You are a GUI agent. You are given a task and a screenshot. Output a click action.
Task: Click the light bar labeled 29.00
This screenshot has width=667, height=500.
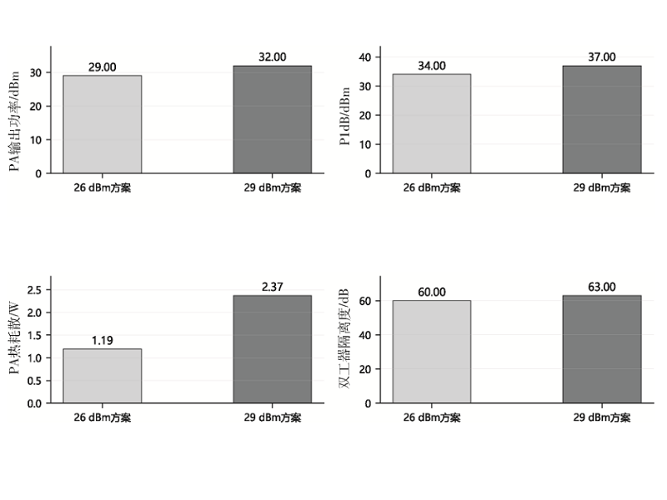103,124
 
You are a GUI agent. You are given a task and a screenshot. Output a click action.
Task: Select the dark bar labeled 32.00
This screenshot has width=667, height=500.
273,119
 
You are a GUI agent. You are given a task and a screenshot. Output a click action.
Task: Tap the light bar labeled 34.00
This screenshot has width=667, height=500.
432,123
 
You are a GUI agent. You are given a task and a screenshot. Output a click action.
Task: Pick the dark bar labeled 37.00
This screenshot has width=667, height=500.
602,119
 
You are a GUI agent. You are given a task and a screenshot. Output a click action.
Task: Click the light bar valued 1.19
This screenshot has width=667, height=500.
103,376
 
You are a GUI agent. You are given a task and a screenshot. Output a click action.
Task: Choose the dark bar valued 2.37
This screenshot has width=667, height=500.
273,349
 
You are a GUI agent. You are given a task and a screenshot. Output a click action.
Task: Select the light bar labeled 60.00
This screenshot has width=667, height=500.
432,352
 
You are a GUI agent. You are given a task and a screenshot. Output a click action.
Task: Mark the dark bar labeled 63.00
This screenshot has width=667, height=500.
602,349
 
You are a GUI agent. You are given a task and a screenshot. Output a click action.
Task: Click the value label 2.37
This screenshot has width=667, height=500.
273,287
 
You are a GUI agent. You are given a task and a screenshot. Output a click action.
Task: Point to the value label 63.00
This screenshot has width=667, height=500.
602,287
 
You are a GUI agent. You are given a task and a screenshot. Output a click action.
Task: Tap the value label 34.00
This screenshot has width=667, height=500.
432,66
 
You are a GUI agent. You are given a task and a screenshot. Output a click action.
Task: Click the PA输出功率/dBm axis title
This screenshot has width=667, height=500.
14,121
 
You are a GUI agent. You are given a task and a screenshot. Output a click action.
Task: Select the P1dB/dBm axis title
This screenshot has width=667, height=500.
344,117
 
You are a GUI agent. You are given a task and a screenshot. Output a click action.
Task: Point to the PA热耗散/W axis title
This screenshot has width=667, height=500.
14,338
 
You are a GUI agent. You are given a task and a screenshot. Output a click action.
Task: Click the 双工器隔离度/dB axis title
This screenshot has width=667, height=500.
344,338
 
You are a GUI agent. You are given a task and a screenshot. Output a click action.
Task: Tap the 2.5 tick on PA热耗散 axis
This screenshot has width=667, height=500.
34,290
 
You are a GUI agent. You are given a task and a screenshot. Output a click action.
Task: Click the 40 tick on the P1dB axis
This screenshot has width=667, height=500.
365,57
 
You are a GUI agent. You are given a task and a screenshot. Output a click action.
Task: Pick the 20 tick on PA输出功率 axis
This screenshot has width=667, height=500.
36,107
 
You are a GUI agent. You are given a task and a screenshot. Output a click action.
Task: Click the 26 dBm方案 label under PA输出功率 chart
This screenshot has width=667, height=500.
103,187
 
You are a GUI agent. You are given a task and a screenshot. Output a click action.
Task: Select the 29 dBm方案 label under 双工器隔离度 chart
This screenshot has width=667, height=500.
602,417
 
